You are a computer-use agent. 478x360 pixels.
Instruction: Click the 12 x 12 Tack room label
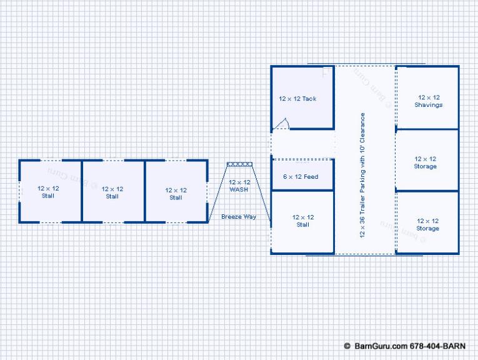pyautogui.click(x=297, y=99)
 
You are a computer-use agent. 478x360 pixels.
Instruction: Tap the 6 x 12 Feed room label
pyautogui.click(x=301, y=177)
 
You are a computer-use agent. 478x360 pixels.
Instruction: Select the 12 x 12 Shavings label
pyautogui.click(x=429, y=101)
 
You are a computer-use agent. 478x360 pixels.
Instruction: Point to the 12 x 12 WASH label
pyautogui.click(x=239, y=186)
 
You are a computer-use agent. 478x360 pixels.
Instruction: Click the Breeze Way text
pyautogui.click(x=239, y=217)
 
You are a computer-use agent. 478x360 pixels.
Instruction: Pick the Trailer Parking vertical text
pyautogui.click(x=362, y=175)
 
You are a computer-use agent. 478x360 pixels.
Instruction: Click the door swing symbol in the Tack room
pyautogui.click(x=281, y=124)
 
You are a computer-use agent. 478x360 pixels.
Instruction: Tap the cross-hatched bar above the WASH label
pyautogui.click(x=239, y=164)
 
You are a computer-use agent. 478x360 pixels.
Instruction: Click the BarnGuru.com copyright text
pyautogui.click(x=405, y=346)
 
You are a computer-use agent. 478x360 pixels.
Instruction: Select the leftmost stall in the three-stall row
pyautogui.click(x=51, y=191)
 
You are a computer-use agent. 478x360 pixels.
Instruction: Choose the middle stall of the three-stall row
pyautogui.click(x=113, y=191)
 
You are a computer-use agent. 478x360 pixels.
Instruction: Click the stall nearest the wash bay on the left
pyautogui.click(x=176, y=191)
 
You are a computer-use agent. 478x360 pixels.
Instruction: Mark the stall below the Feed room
pyautogui.click(x=302, y=222)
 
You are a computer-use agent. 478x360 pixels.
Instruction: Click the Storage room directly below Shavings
pyautogui.click(x=427, y=160)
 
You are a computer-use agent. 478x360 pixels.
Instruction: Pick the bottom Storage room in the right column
pyautogui.click(x=427, y=222)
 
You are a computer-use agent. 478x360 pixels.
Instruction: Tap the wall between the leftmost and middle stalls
pyautogui.click(x=82, y=191)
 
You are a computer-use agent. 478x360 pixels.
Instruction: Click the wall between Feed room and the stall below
pyautogui.click(x=302, y=191)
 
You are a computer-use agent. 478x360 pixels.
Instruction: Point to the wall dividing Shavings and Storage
pyautogui.click(x=427, y=129)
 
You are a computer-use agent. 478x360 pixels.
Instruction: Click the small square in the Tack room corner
pyautogui.click(x=327, y=71)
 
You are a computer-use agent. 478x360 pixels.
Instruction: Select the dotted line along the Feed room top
pyautogui.click(x=302, y=159)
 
